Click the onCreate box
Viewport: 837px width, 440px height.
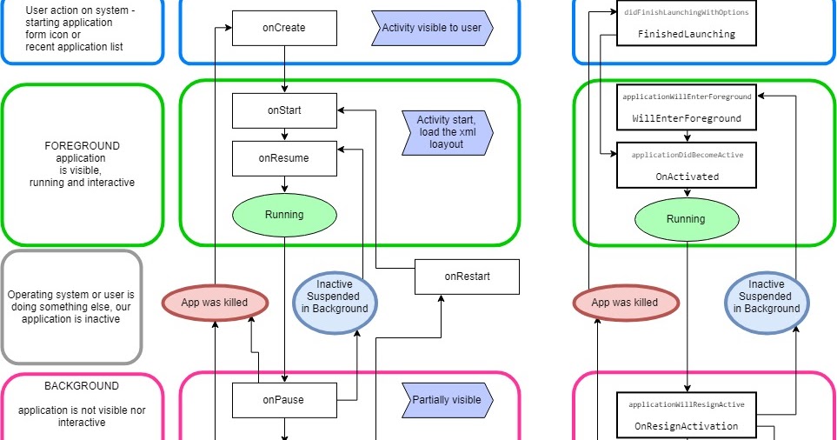click(284, 28)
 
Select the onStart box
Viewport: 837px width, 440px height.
click(284, 110)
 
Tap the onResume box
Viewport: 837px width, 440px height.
click(284, 158)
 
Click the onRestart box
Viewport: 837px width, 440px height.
click(467, 277)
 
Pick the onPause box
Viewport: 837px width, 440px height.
click(284, 400)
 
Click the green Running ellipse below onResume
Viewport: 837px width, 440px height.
click(284, 214)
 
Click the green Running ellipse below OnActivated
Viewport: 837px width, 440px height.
click(686, 219)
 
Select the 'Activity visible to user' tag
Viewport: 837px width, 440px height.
click(432, 28)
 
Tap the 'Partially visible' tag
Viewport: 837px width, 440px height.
click(447, 400)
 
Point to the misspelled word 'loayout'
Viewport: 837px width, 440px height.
click(446, 144)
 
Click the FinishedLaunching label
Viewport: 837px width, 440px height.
click(686, 34)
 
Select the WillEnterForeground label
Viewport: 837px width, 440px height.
click(686, 117)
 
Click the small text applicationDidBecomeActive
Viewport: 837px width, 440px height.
click(686, 154)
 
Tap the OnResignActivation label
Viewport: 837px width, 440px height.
click(686, 426)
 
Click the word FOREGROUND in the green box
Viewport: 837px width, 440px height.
click(82, 146)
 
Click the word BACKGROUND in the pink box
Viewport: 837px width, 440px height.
click(82, 386)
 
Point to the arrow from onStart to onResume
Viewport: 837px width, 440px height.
click(285, 134)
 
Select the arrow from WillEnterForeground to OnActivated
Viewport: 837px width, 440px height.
click(687, 136)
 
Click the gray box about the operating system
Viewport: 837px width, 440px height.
click(71, 307)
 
